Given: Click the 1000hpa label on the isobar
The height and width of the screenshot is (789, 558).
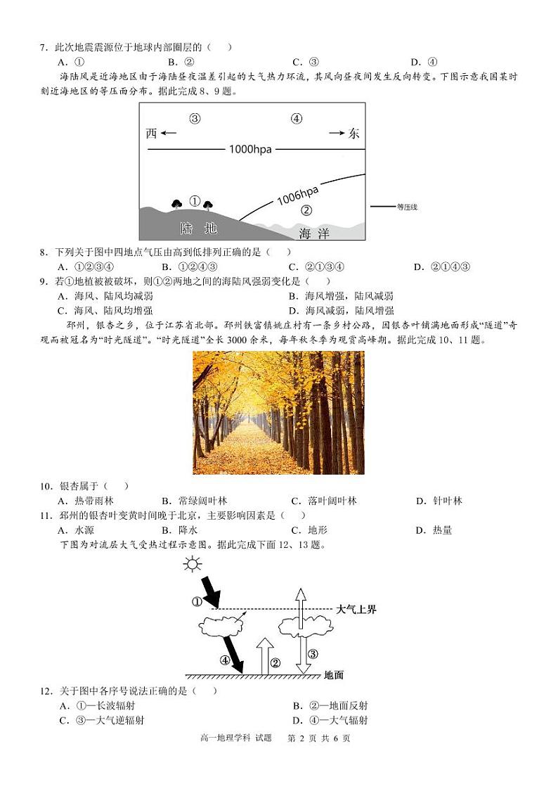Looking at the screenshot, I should [249, 149].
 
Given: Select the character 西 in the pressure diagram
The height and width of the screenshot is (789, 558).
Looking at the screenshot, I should [152, 134].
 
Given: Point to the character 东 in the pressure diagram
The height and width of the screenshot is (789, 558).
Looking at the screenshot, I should [353, 134].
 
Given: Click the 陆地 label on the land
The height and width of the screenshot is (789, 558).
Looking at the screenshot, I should [198, 229].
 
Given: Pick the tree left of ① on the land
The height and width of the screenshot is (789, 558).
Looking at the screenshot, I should [177, 204].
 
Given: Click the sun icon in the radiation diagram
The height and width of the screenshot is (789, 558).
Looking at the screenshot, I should [191, 564].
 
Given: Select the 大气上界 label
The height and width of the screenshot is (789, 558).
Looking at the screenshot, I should [356, 609].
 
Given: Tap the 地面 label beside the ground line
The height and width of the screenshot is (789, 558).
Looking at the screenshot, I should [334, 675].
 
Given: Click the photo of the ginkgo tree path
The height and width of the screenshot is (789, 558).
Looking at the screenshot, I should [279, 413].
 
